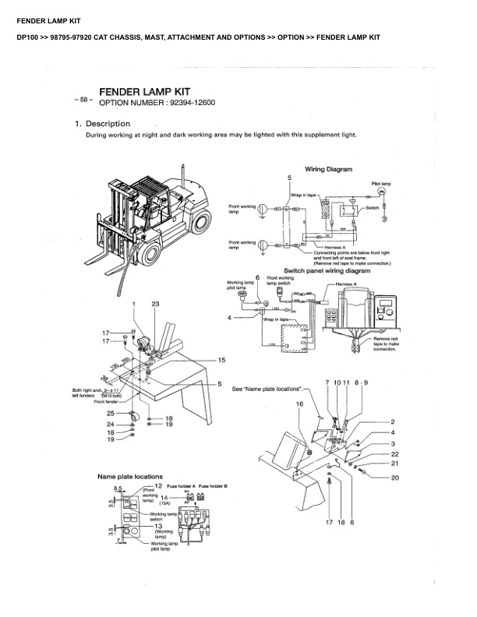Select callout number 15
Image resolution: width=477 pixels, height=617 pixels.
221,360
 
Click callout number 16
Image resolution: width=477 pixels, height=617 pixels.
299,404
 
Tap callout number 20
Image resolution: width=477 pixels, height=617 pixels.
394,477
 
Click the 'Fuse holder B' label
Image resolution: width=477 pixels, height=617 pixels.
213,485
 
